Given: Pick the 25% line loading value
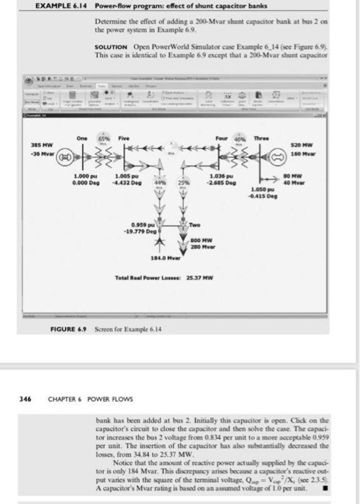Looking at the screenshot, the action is coord(182,184).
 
